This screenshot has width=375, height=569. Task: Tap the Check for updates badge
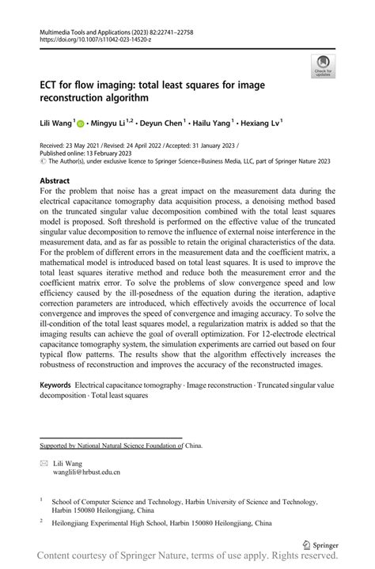324,67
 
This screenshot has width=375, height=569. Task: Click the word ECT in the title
51,85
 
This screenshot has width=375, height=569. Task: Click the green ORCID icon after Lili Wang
80,123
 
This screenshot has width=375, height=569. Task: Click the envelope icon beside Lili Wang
44,463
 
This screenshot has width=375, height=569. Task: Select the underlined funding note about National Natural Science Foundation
111,445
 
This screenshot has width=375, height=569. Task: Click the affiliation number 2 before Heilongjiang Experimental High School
41,522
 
